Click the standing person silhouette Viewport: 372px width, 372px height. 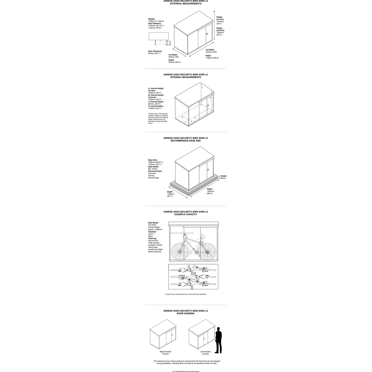219,340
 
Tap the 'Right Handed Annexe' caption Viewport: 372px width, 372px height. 165,353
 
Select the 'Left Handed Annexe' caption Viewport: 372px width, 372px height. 205,353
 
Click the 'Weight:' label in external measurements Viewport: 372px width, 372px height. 152,19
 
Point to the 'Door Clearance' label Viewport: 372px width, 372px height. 155,51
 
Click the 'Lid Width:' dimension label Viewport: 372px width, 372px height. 210,50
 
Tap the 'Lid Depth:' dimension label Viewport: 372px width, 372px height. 173,55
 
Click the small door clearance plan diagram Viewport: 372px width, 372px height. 159,39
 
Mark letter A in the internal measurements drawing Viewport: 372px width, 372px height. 202,88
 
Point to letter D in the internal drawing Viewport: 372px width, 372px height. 195,118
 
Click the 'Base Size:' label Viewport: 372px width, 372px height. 153,160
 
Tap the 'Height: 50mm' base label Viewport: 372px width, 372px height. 223,177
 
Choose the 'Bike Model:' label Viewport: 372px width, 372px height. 153,223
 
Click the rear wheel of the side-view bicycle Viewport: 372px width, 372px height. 179,251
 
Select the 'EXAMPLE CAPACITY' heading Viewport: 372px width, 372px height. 186,214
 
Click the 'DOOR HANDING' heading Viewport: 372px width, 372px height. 186,313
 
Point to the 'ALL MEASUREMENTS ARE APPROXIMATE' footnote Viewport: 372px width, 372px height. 186,371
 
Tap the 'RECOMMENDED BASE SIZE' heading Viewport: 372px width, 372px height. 186,141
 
